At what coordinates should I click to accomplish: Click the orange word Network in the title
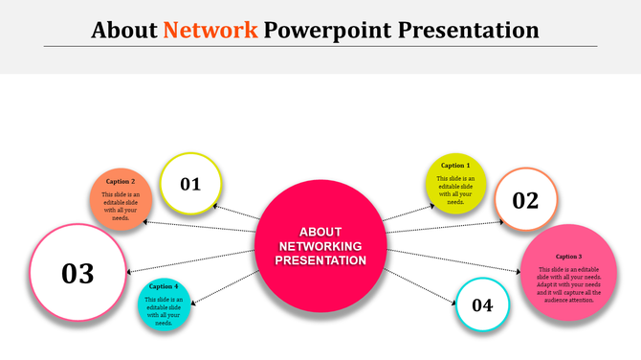(x=210, y=30)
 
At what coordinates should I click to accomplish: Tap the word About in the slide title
(x=124, y=30)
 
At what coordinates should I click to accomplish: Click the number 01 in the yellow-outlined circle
(x=190, y=183)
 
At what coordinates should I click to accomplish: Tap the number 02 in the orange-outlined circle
(x=525, y=200)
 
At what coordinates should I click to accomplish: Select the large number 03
(x=77, y=273)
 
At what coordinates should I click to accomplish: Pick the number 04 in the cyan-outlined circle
(x=482, y=305)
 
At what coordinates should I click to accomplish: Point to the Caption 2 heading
(x=121, y=181)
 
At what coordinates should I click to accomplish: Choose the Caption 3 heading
(x=567, y=256)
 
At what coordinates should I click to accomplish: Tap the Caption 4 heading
(x=164, y=286)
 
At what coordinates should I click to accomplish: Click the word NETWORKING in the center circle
(x=320, y=246)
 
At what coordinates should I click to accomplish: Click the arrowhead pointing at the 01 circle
(x=217, y=205)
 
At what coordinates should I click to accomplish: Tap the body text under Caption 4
(x=164, y=311)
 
